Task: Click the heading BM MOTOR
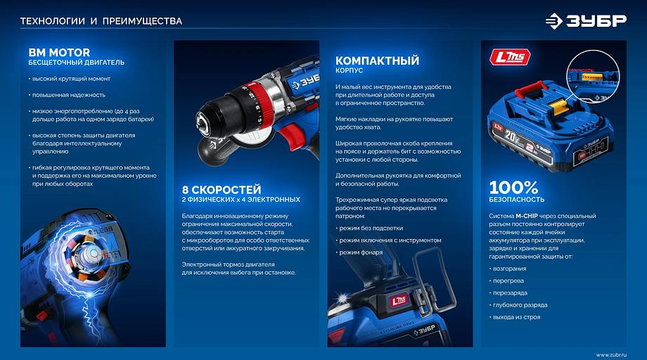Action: [59, 53]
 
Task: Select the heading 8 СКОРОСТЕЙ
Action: [222, 190]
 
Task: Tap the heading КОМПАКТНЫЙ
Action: [377, 60]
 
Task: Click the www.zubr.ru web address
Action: [610, 354]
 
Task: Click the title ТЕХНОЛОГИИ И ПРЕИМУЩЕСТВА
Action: [101, 21]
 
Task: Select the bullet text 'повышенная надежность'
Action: [68, 95]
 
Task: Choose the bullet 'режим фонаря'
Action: [362, 252]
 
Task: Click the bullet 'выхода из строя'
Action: [517, 317]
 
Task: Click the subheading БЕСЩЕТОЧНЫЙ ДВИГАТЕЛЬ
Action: [76, 63]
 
